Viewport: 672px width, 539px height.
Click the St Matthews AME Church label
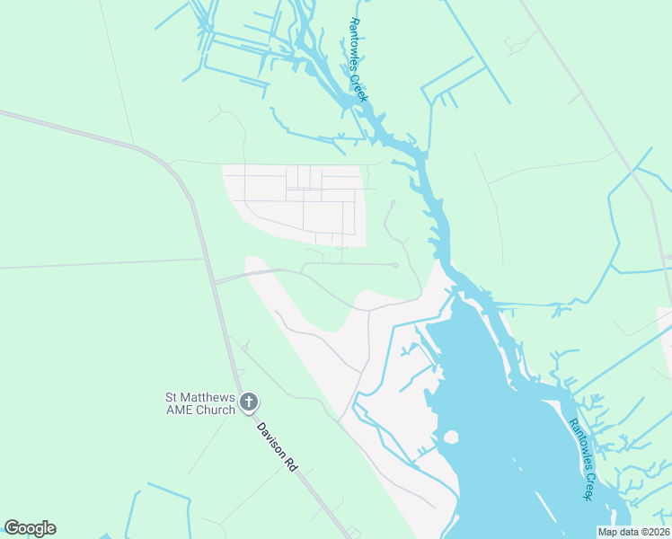pos(199,403)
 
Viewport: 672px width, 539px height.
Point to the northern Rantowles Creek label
pos(358,61)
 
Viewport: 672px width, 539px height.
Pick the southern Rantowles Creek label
pos(579,459)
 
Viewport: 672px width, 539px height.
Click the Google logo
pos(30,528)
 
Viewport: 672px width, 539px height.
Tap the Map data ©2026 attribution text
pos(634,532)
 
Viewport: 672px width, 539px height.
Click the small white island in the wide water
pos(450,437)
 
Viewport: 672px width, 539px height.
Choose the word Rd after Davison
pos(290,464)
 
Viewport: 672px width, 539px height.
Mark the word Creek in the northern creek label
pos(360,89)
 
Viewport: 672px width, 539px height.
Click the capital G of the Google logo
pos(12,528)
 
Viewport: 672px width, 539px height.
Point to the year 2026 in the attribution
pos(658,532)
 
